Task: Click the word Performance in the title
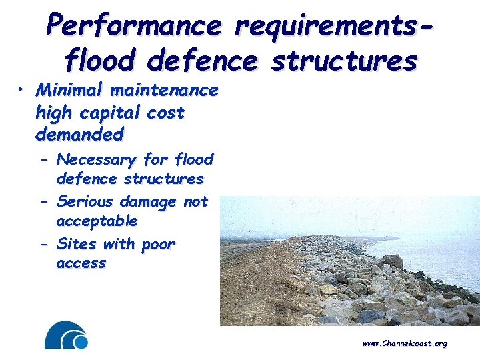133,26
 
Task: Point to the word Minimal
65,89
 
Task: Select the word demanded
79,135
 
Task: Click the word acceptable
97,220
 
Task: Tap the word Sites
75,244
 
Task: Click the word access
81,263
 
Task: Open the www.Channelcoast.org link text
404,343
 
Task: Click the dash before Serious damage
44,202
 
